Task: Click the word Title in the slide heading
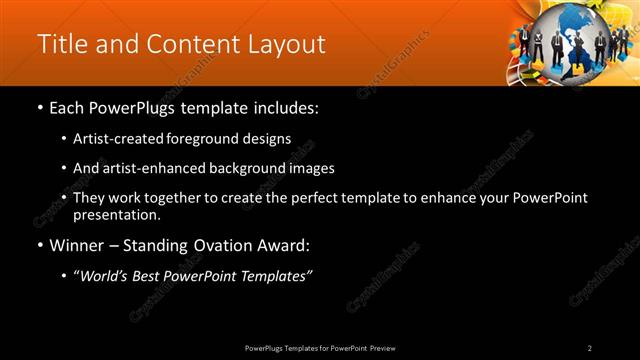point(60,45)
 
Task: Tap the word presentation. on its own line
point(117,214)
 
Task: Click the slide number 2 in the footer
point(590,347)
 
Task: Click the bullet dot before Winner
point(40,245)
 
